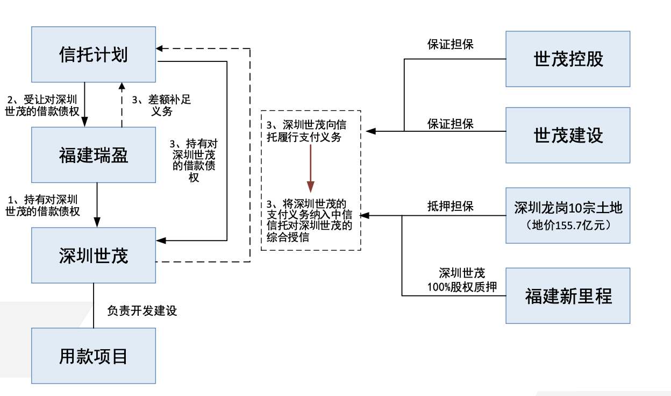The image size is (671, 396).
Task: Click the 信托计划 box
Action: pos(94,54)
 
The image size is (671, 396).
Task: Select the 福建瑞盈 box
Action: pos(94,154)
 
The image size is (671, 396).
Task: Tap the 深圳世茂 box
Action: pos(94,255)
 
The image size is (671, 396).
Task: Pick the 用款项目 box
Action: pos(94,356)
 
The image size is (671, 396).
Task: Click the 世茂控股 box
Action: pos(568,59)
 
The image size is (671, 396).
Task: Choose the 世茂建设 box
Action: pos(568,135)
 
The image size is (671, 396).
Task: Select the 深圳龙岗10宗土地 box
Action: pos(568,215)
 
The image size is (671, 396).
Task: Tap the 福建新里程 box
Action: pos(568,295)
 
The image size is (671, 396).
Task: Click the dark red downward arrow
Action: pos(311,168)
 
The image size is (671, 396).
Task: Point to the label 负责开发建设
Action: pos(142,310)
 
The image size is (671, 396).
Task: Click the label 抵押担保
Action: pos(450,206)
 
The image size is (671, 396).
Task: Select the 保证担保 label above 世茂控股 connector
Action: pos(450,44)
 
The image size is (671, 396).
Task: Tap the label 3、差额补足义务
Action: pos(161,105)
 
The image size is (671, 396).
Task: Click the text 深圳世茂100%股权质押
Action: pos(462,280)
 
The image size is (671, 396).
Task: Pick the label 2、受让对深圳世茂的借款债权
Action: pos(42,105)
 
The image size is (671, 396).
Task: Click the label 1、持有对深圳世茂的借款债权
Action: pos(42,206)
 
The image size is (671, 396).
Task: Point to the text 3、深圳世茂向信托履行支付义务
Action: pos(306,131)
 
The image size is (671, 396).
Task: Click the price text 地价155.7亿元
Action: pos(568,225)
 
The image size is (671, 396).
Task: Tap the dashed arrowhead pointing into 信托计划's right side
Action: pos(159,48)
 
